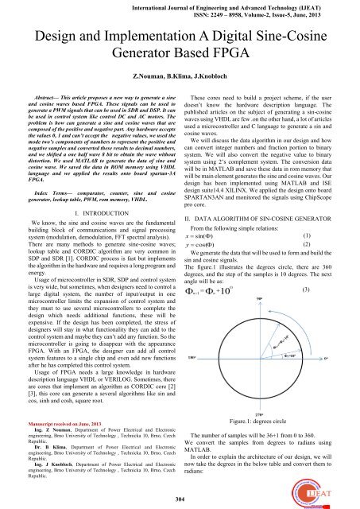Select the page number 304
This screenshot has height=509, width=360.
(x=180, y=499)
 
